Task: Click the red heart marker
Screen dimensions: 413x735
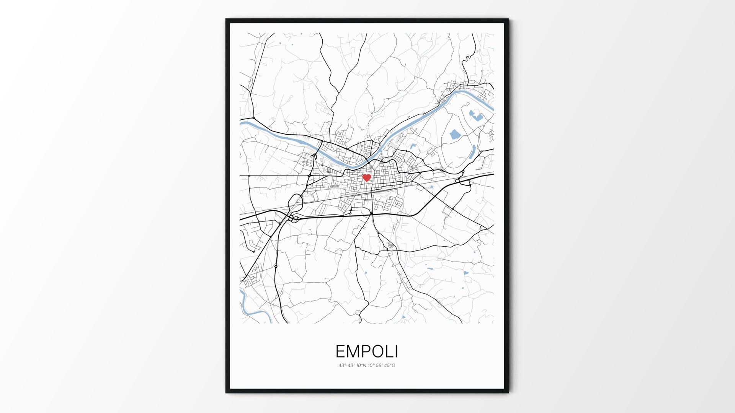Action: point(366,177)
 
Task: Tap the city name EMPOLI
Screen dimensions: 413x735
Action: point(367,351)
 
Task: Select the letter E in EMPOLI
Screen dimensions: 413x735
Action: point(340,351)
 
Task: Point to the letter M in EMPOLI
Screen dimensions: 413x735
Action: point(352,351)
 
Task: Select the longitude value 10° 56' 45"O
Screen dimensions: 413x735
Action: point(381,366)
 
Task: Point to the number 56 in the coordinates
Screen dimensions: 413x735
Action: point(378,366)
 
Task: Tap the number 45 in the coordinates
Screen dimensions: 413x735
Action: point(387,366)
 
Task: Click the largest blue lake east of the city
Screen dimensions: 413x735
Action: point(454,134)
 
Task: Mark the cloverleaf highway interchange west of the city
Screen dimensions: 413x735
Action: point(294,219)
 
